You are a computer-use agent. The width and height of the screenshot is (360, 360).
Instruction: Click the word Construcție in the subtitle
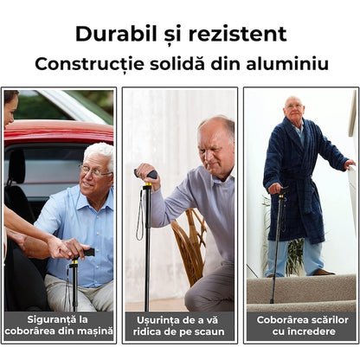85,63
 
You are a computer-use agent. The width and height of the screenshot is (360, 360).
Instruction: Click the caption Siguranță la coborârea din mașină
59,325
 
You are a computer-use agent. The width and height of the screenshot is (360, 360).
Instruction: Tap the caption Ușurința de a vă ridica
180,325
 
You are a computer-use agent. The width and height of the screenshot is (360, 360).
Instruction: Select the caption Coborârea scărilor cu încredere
300,325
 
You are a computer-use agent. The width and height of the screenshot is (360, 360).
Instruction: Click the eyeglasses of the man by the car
94,171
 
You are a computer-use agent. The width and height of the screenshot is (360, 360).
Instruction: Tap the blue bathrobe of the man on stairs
299,182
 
